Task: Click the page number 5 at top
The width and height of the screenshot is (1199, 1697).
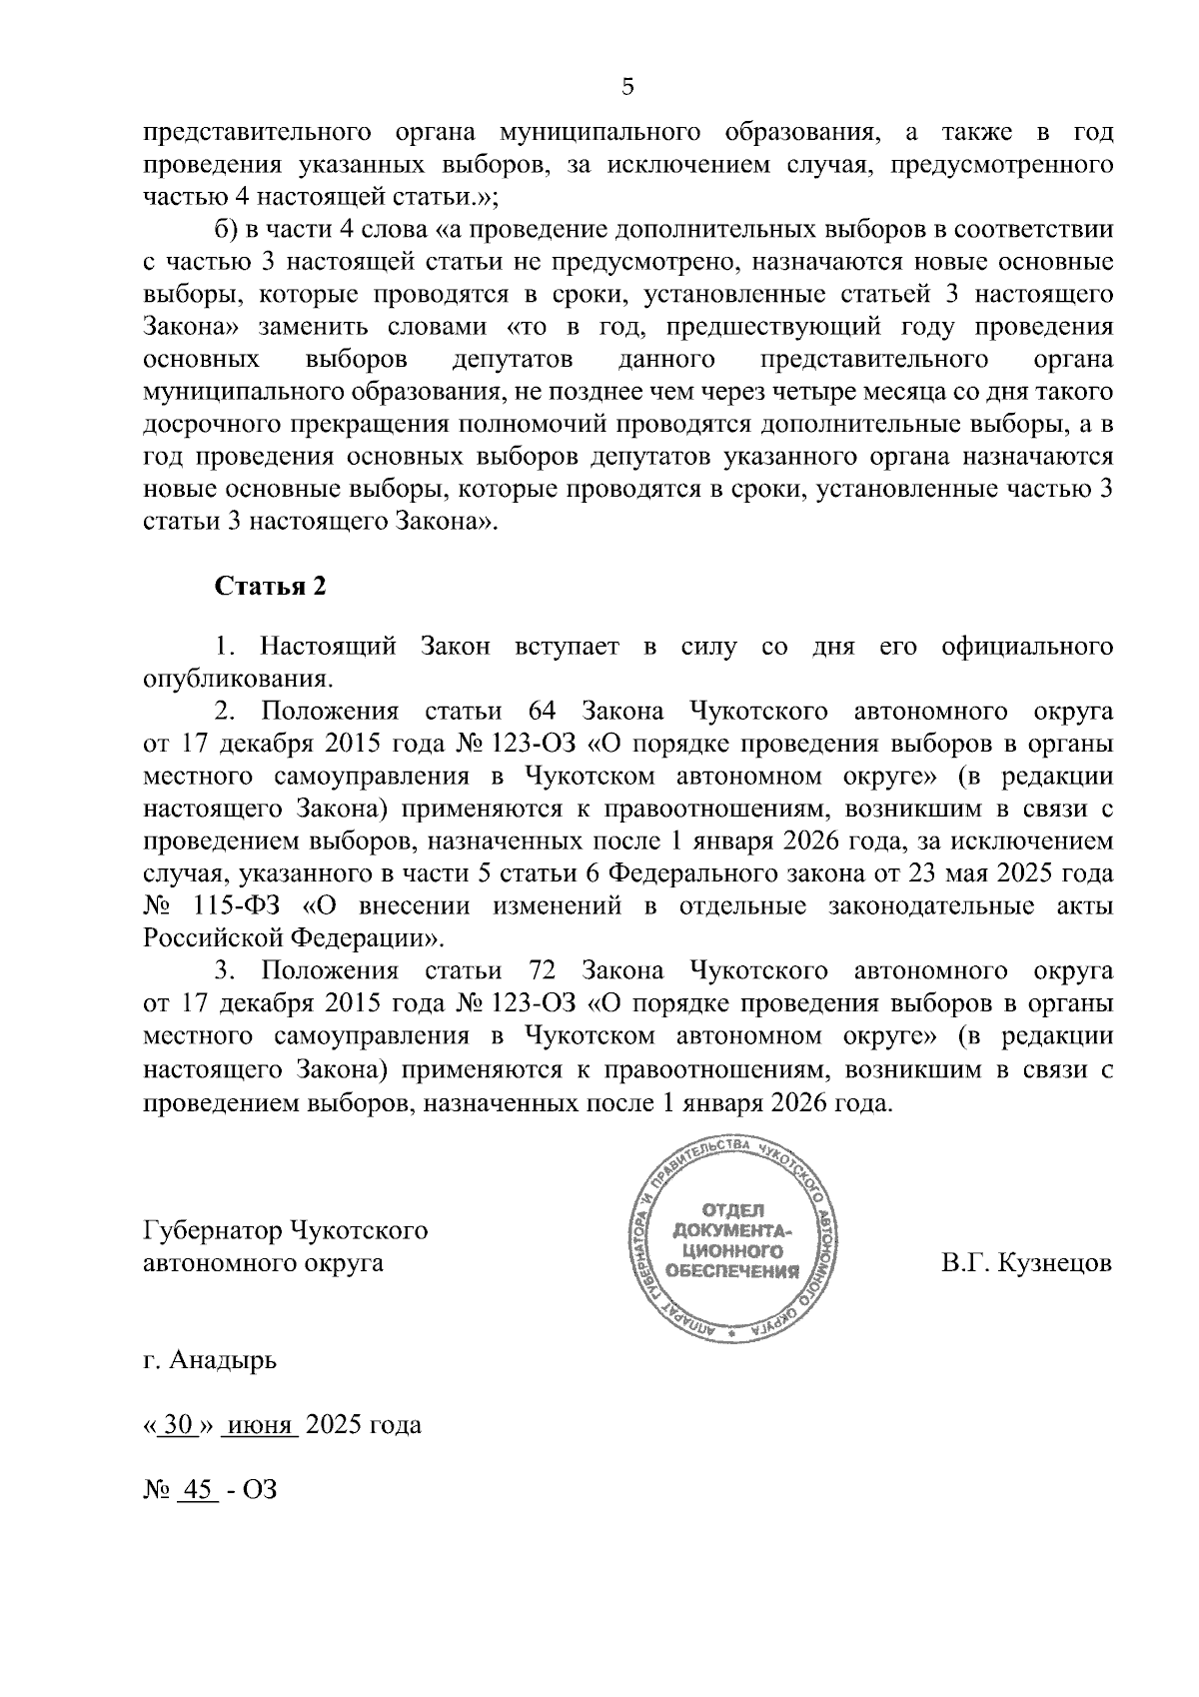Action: pos(627,87)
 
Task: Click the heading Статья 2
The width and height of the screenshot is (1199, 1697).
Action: pos(271,586)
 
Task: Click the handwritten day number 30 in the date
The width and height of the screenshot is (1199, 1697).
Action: pos(177,1424)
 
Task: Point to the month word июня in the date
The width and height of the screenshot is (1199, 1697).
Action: pos(259,1424)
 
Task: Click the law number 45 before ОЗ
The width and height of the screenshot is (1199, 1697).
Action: pos(197,1489)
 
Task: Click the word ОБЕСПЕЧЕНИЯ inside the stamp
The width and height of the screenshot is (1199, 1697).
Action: pos(732,1271)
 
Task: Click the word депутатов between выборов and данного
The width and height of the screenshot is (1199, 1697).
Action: pos(513,360)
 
